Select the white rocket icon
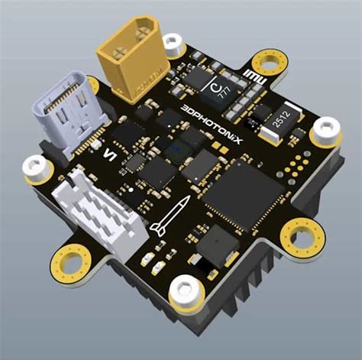169,216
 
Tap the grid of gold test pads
296,165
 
